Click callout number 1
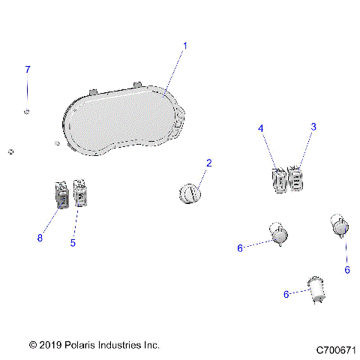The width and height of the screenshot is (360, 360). click(x=185, y=46)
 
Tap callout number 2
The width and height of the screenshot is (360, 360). click(x=209, y=163)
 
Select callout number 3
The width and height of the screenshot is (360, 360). click(x=313, y=128)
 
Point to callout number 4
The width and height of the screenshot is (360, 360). click(x=261, y=129)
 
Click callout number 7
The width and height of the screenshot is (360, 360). click(x=28, y=70)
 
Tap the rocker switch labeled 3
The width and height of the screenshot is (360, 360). click(x=295, y=178)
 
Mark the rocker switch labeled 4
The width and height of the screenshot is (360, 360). click(x=278, y=181)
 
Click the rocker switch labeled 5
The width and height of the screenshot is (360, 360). click(x=81, y=194)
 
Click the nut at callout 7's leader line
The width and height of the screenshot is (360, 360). click(x=27, y=112)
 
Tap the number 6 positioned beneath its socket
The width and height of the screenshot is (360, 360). click(x=347, y=269)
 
